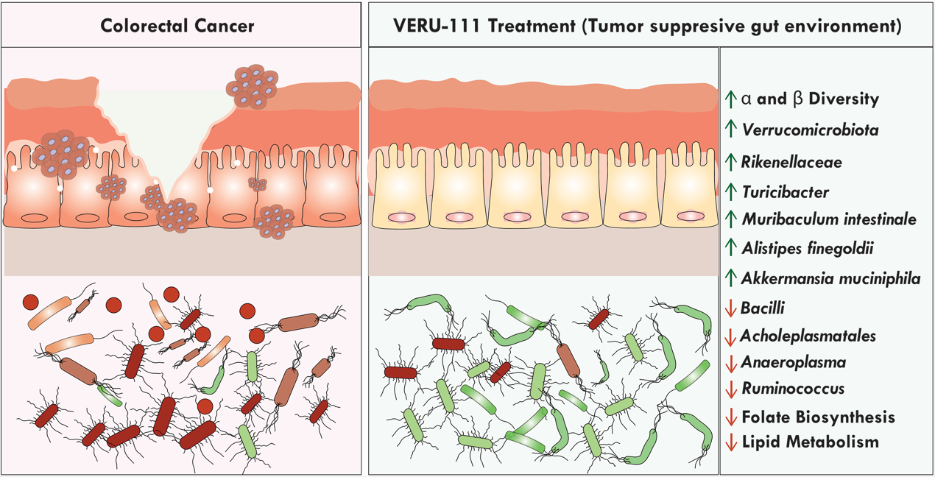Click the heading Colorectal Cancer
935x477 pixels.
point(177,26)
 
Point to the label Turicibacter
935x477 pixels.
point(786,192)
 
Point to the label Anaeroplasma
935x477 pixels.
point(794,362)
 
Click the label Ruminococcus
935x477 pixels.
point(793,388)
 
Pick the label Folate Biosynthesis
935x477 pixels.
point(819,417)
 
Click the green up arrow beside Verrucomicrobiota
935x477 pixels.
point(730,130)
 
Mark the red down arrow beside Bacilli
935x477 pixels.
point(730,308)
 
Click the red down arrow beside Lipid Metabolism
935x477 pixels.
point(730,443)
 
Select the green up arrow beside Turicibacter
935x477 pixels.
point(730,192)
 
